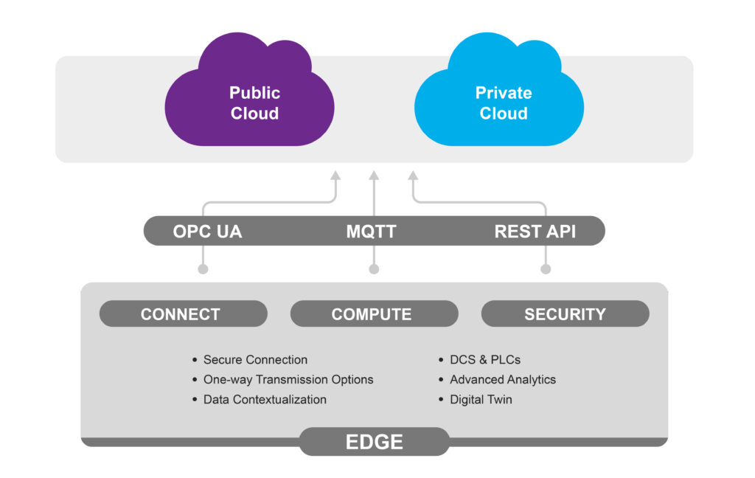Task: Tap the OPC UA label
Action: click(x=207, y=232)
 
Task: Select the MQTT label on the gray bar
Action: click(x=372, y=232)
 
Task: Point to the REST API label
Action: click(x=535, y=232)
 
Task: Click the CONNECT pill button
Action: click(x=184, y=314)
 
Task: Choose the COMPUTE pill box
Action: click(x=374, y=314)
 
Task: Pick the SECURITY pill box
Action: click(x=566, y=314)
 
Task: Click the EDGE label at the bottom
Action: click(x=374, y=442)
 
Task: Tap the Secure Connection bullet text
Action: click(x=255, y=359)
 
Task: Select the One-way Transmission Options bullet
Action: click(x=288, y=380)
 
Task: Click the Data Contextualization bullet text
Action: click(x=265, y=400)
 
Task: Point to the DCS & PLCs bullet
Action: click(x=485, y=359)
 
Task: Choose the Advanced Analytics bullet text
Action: click(x=503, y=380)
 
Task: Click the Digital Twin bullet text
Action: click(x=481, y=400)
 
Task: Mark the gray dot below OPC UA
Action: click(x=203, y=269)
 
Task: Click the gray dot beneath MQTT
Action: click(x=374, y=269)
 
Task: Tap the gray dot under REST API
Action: click(x=546, y=269)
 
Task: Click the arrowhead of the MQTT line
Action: click(x=374, y=176)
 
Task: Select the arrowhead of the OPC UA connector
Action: click(x=335, y=176)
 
